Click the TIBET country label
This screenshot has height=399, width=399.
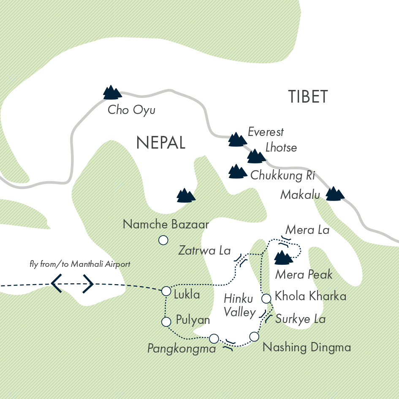[x=308, y=97]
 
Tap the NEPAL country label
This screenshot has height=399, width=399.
[x=161, y=144]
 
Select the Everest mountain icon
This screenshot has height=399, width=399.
[x=237, y=140]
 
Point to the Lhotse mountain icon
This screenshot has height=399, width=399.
[x=256, y=156]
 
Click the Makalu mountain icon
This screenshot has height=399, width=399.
[x=335, y=193]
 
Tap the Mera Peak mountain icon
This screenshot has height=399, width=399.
[x=284, y=257]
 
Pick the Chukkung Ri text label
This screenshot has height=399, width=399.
[x=282, y=176]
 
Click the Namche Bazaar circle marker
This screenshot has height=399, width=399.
[x=163, y=240]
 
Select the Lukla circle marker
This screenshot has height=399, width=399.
[x=166, y=290]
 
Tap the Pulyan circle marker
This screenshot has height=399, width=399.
[x=166, y=322]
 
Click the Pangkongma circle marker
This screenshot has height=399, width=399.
[x=214, y=339]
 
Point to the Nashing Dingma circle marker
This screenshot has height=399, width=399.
[x=254, y=337]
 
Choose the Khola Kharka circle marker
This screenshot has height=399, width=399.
[x=266, y=299]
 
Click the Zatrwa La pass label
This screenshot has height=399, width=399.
[x=204, y=251]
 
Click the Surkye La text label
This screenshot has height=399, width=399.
[x=300, y=319]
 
